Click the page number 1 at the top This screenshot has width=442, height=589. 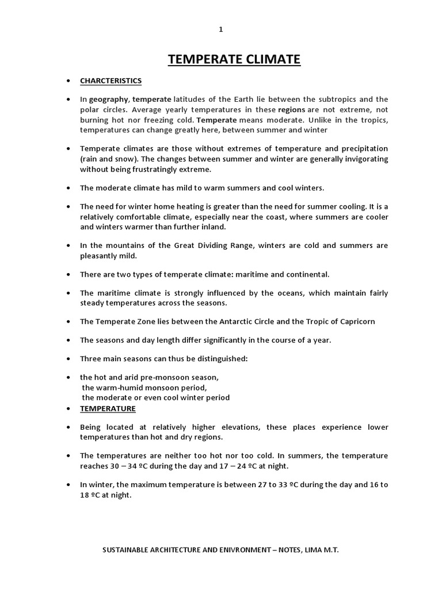click(x=220, y=30)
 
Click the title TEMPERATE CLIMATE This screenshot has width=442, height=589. click(x=234, y=59)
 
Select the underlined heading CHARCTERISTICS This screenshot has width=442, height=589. click(x=110, y=81)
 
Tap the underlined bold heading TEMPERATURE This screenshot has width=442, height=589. click(x=108, y=409)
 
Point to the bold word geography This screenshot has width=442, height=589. click(x=109, y=99)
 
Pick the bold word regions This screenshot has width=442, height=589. click(x=292, y=109)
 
